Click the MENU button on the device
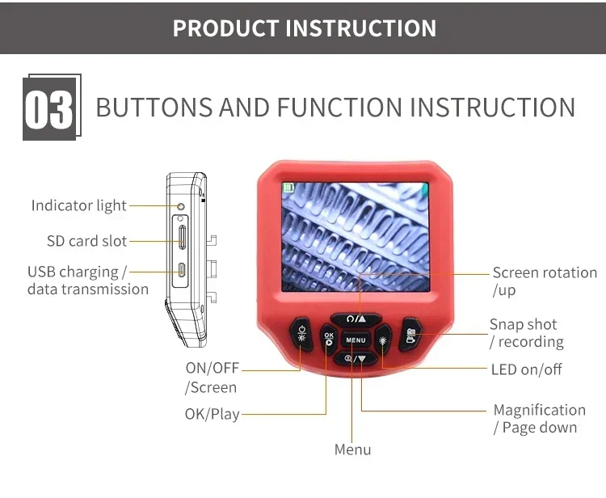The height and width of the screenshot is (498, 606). [x=356, y=340]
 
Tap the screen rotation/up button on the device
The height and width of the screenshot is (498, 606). [x=356, y=319]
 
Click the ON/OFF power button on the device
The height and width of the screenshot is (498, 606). [x=301, y=333]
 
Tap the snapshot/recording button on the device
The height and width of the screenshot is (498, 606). [x=410, y=333]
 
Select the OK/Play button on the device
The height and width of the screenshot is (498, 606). [x=328, y=340]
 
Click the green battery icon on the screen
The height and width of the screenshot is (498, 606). [x=287, y=188]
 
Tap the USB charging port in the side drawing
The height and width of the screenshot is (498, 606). [x=183, y=272]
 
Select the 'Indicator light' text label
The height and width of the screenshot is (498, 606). [x=78, y=206]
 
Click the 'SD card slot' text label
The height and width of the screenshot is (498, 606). [x=86, y=241]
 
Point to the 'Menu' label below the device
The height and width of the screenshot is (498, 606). [x=352, y=450]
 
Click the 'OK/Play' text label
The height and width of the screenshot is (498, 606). [x=212, y=414]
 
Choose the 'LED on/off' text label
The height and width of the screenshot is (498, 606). [x=526, y=369]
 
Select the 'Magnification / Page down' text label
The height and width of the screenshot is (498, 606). [x=539, y=419]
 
